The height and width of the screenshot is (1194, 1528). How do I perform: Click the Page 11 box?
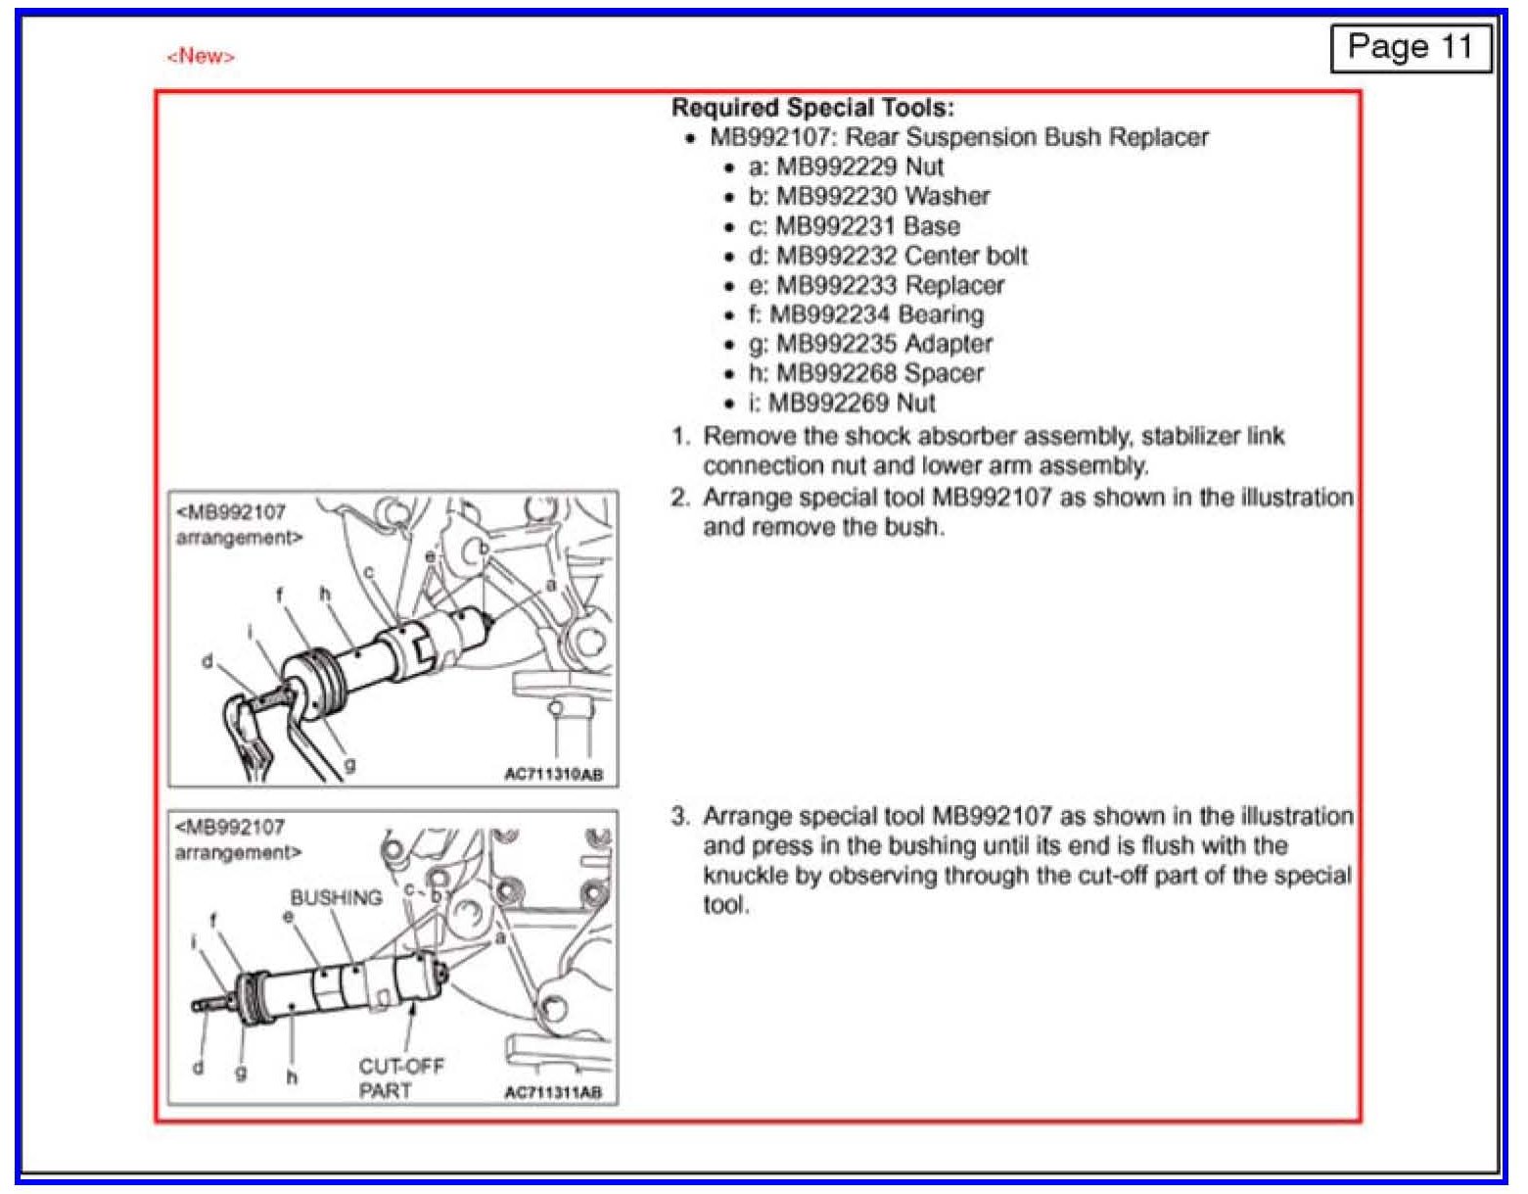[1410, 47]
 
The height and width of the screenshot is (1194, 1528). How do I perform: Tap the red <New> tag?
[201, 56]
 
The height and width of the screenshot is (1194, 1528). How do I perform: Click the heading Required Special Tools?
[811, 108]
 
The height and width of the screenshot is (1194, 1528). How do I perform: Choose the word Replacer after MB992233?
[954, 285]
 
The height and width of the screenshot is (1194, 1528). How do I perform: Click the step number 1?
[680, 436]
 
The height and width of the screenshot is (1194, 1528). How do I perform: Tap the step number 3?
[680, 816]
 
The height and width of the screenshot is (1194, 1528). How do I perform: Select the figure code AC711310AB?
[553, 774]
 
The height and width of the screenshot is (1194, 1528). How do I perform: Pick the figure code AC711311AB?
[553, 1091]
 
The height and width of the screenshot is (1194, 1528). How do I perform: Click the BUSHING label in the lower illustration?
[336, 897]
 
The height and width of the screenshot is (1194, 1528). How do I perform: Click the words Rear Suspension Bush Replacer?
[1027, 137]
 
